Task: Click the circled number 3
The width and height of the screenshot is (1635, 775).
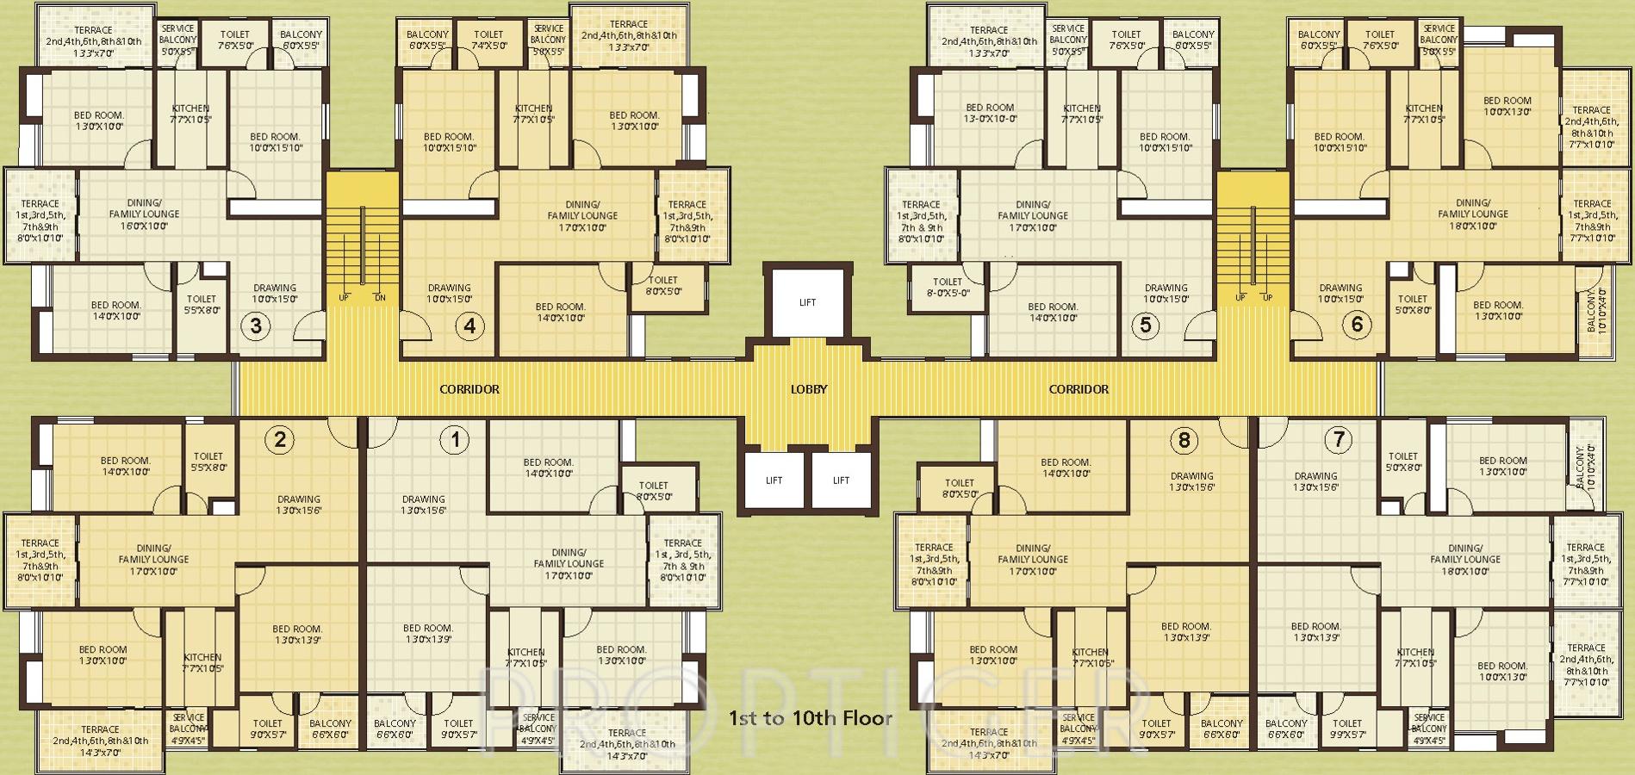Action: pos(256,325)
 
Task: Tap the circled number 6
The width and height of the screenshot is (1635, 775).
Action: pos(1358,325)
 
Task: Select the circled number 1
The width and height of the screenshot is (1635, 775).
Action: pos(455,441)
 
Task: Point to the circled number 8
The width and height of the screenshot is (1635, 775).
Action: pos(1184,441)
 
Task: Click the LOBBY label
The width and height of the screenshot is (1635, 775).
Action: pos(809,389)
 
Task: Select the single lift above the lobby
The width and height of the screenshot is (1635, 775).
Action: pos(807,302)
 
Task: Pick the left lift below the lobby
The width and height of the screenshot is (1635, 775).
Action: pos(774,480)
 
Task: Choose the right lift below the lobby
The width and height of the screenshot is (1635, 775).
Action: pos(841,480)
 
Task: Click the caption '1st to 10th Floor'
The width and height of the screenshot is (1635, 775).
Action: pos(811,717)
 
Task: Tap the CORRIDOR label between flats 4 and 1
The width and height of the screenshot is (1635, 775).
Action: pos(469,389)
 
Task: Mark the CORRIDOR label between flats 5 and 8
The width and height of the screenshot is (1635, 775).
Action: pos(1079,389)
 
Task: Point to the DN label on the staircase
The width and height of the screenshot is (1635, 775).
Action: pos(380,298)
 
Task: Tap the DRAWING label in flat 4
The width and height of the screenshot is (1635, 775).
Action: pos(450,294)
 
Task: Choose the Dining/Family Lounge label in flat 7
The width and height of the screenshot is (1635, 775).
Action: pos(1465,554)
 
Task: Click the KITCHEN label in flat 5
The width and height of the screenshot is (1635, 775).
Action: pos(1081,114)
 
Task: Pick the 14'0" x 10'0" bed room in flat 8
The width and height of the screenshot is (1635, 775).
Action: pos(1066,468)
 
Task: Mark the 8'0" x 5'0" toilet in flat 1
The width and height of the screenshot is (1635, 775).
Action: pos(654,492)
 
